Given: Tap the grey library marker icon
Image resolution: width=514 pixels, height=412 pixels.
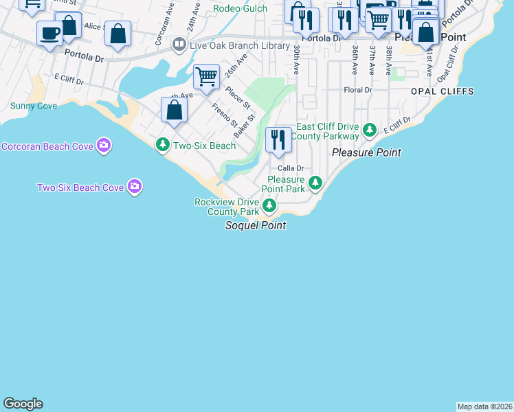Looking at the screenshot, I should [x=179, y=45].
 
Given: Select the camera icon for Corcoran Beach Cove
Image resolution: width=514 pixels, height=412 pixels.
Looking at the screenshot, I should [x=104, y=145].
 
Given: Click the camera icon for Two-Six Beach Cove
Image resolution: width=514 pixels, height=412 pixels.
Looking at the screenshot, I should [x=135, y=186].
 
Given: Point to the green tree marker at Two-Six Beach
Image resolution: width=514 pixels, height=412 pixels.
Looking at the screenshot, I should [x=163, y=145].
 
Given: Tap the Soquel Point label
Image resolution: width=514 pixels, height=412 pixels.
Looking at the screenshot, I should [x=255, y=225].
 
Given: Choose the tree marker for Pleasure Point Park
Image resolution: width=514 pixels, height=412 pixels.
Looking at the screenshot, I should [x=315, y=183].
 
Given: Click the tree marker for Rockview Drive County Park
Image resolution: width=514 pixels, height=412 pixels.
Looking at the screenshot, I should [x=270, y=205].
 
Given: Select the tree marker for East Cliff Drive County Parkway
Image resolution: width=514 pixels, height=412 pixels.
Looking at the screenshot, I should [x=369, y=129].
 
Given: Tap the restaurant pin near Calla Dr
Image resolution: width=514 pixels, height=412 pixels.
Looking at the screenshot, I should [x=278, y=140].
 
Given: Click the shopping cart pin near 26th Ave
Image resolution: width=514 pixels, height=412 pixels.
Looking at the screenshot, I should [x=206, y=77].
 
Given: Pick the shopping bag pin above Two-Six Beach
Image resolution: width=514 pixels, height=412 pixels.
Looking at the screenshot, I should [x=175, y=110].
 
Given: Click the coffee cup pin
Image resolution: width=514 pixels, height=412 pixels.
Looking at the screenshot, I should [x=50, y=34].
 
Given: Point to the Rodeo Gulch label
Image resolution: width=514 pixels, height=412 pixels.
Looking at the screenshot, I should [x=240, y=8].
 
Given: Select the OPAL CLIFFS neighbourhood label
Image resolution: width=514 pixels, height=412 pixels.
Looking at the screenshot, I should [x=438, y=91].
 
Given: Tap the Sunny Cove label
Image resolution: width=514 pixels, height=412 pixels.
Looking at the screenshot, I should [x=34, y=106].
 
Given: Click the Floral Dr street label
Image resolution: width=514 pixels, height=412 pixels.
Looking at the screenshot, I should [x=358, y=90].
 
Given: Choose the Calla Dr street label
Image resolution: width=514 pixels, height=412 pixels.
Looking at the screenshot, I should [x=291, y=168].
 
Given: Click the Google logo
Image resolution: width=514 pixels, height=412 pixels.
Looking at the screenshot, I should [x=23, y=404].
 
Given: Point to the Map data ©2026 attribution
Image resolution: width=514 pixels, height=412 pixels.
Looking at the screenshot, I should [x=485, y=407].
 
